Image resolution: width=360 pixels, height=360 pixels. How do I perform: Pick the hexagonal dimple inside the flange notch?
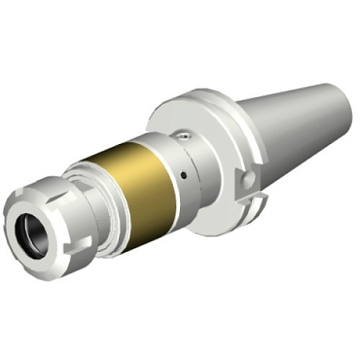248,179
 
